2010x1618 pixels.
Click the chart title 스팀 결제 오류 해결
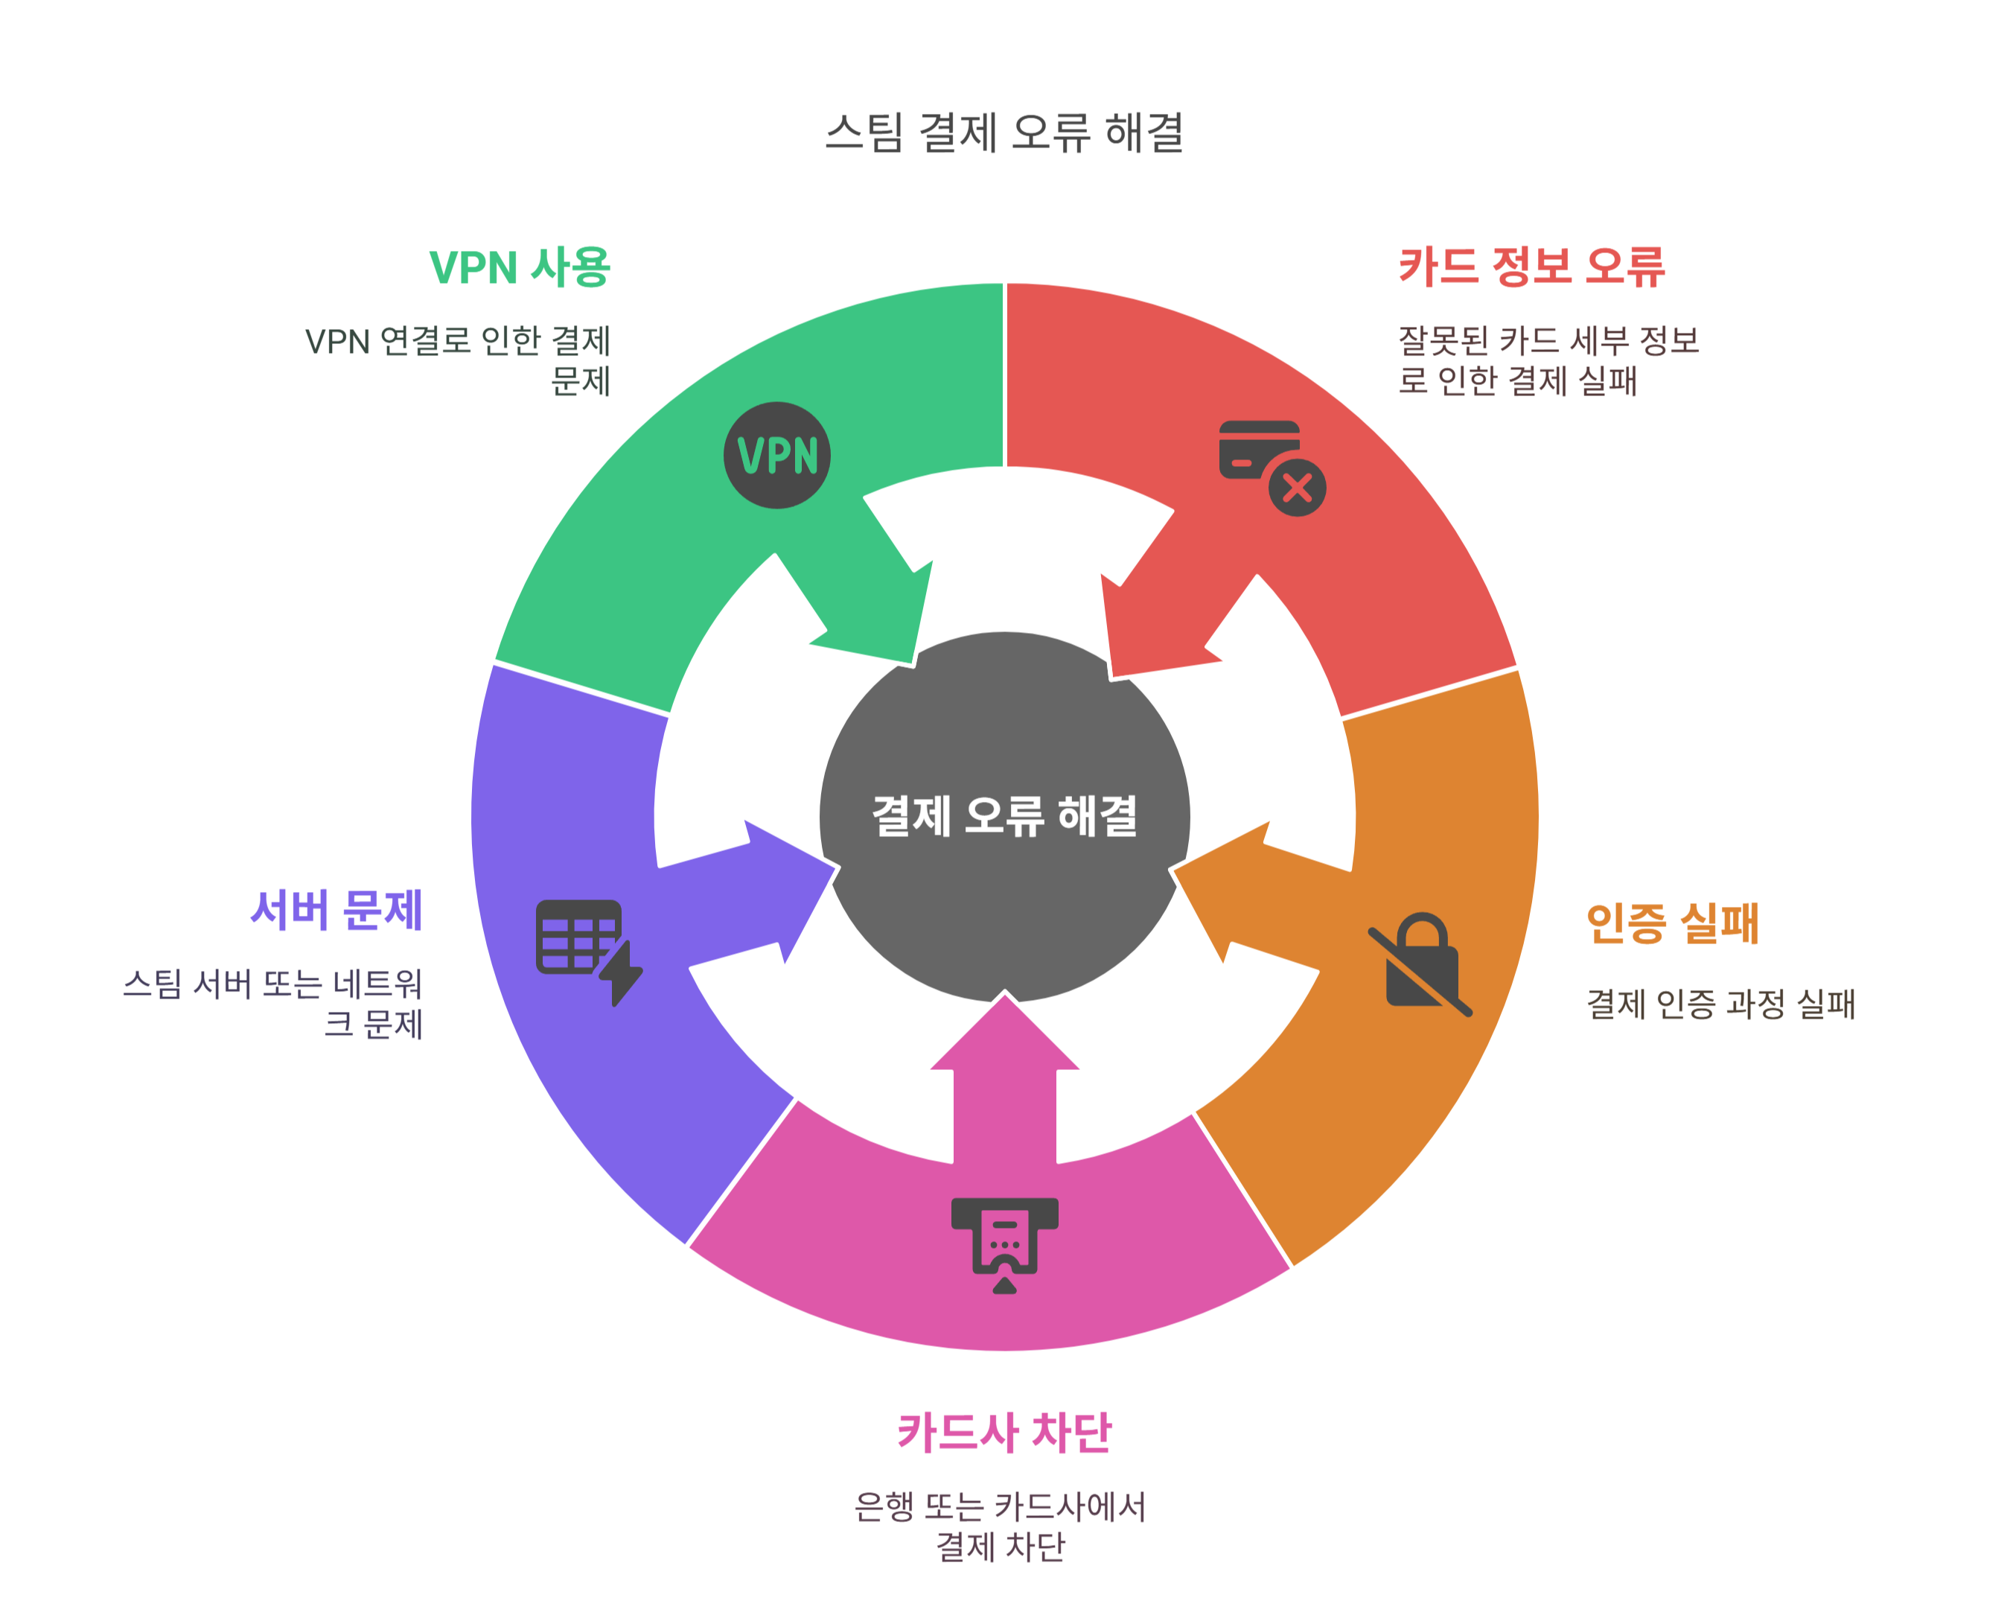tap(1004, 133)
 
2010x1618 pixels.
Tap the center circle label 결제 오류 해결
tap(1004, 816)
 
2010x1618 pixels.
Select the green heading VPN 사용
tap(520, 267)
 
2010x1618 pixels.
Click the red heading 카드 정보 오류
tap(1532, 267)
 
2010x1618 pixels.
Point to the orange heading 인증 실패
tap(1673, 923)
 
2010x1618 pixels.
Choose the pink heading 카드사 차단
tap(1004, 1433)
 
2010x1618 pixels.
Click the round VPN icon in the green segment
tap(776, 455)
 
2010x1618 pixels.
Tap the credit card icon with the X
tap(1270, 466)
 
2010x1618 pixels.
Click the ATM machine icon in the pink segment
tap(1004, 1244)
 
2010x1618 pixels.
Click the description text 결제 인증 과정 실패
tap(1720, 1004)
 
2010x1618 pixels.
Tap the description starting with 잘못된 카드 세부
tap(1548, 360)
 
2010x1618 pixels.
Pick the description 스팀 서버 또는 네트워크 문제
tap(274, 1004)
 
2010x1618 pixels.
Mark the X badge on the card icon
tap(1297, 487)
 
